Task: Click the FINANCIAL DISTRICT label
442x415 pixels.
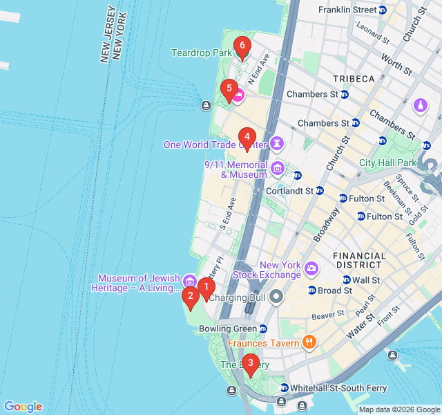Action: click(359, 260)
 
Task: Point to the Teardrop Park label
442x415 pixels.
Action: click(202, 53)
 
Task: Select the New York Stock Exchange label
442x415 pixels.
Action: click(280, 270)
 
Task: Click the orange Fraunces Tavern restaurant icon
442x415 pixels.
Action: click(309, 342)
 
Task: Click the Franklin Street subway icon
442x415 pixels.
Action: click(383, 10)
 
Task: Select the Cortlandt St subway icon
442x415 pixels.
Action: click(320, 190)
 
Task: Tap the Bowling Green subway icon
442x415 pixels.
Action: click(262, 328)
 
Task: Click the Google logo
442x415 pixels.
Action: click(23, 407)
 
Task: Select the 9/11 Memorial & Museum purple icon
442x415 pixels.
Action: click(277, 168)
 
